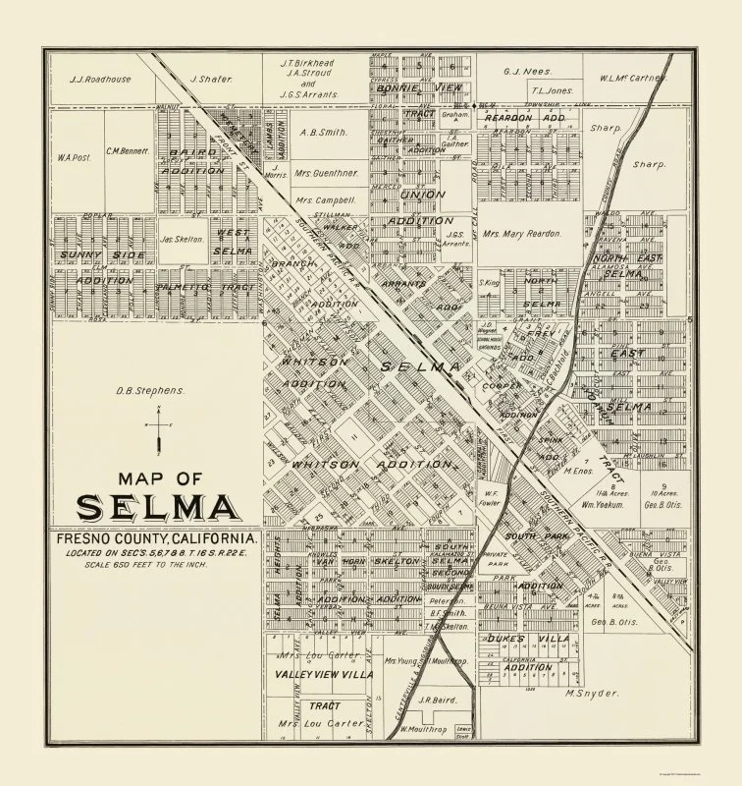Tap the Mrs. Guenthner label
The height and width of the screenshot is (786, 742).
(322, 174)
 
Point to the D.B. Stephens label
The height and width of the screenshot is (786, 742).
(150, 389)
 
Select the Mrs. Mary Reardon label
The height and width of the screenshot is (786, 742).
(520, 234)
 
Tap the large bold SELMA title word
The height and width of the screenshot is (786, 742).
(156, 508)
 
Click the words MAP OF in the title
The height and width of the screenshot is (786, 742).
(157, 478)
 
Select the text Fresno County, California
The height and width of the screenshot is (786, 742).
(156, 540)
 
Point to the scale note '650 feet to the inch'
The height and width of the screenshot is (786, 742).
(156, 577)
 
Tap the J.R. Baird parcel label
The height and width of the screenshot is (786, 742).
(433, 700)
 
